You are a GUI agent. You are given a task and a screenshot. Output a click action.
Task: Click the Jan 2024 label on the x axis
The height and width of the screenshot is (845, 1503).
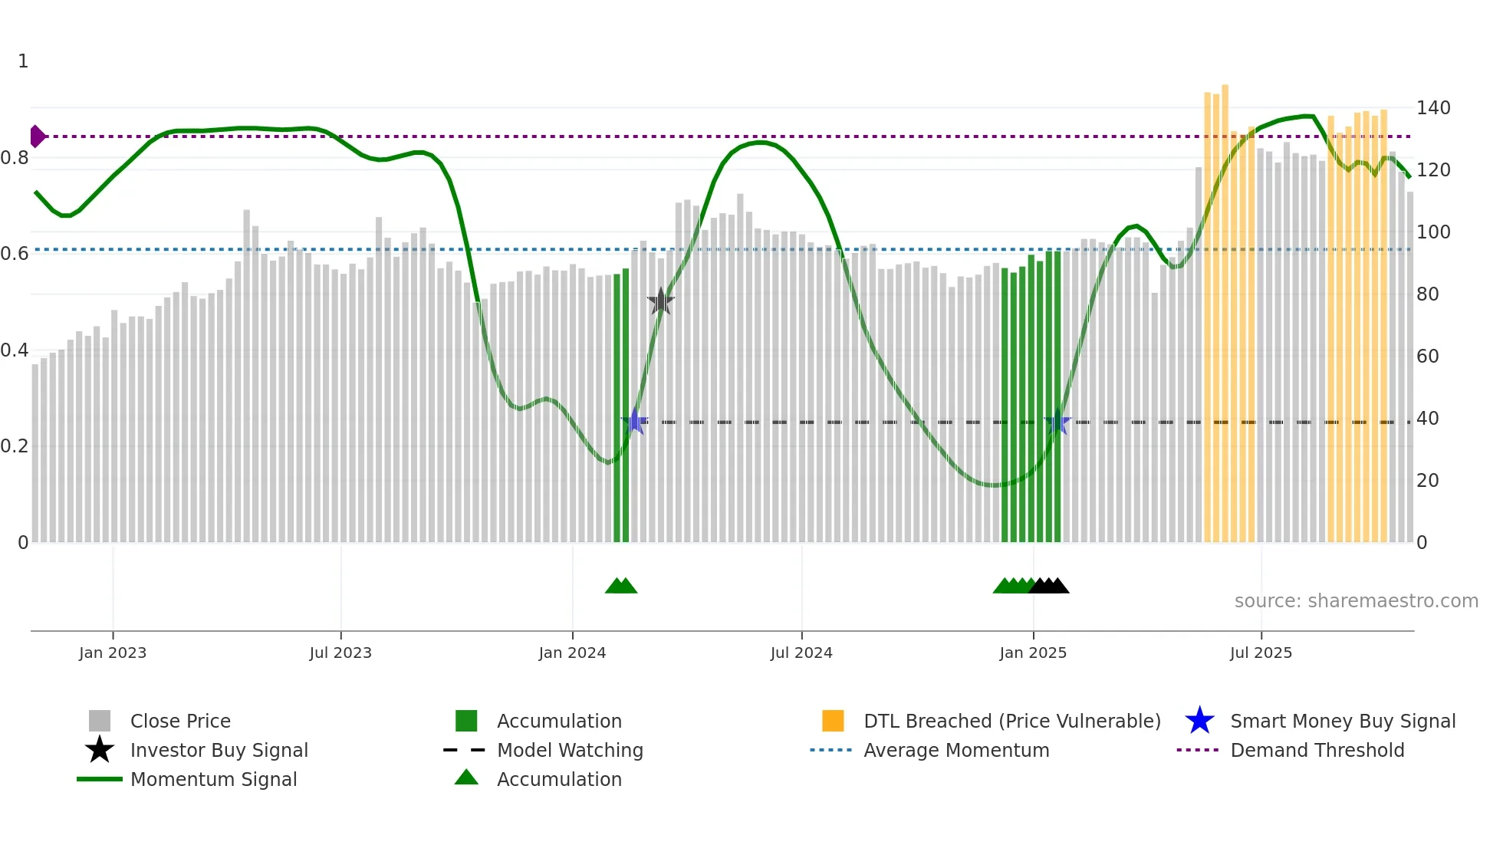click(572, 653)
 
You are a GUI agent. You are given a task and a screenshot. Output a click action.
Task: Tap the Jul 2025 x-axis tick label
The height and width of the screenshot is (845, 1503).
click(1261, 653)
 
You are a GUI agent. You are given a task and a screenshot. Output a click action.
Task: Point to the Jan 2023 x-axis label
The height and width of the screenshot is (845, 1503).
click(113, 653)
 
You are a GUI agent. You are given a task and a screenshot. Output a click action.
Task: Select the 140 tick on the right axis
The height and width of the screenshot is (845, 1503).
click(1432, 108)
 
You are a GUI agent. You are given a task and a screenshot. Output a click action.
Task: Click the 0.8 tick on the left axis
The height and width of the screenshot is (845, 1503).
click(15, 158)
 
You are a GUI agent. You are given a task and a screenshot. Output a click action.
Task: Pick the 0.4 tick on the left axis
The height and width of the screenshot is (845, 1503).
click(15, 350)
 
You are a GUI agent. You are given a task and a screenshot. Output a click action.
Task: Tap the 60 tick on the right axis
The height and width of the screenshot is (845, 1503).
click(1427, 357)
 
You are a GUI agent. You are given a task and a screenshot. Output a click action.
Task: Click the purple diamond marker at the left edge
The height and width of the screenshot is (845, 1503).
click(37, 136)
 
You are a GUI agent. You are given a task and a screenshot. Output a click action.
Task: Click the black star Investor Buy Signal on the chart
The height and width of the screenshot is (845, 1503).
click(660, 302)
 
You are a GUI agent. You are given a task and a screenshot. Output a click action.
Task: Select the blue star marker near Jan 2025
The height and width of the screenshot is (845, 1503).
click(1057, 422)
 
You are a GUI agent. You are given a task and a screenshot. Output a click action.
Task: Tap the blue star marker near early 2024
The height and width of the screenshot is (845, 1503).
click(635, 422)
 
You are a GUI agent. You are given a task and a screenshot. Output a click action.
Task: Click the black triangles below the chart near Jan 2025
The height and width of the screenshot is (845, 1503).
click(1049, 586)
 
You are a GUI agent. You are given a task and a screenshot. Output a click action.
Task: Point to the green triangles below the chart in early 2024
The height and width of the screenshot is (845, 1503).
click(621, 586)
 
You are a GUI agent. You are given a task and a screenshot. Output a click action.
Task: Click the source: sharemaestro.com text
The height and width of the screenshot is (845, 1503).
click(1356, 601)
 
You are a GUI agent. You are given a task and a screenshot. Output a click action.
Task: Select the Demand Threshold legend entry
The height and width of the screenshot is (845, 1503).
click(1317, 750)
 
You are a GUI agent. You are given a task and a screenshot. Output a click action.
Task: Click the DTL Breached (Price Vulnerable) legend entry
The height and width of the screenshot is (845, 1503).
click(1011, 721)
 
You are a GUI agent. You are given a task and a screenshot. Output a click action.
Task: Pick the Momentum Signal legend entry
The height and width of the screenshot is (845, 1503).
click(213, 779)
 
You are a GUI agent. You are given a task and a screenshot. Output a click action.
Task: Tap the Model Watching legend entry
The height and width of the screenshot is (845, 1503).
click(570, 750)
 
